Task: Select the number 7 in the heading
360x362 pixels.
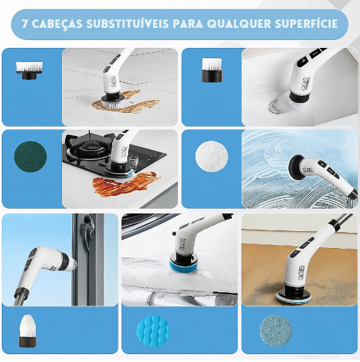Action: [x=25, y=24]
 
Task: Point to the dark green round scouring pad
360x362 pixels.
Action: [x=30, y=156]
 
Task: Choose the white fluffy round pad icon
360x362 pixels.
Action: [x=211, y=156]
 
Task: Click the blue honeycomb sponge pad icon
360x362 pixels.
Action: [x=154, y=330]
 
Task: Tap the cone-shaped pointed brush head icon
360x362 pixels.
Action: [x=28, y=330]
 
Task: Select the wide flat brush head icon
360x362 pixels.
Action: [x=29, y=70]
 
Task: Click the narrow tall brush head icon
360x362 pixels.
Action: [x=212, y=70]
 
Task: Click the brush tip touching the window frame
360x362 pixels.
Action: [x=73, y=264]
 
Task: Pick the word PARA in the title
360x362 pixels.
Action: [x=188, y=24]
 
